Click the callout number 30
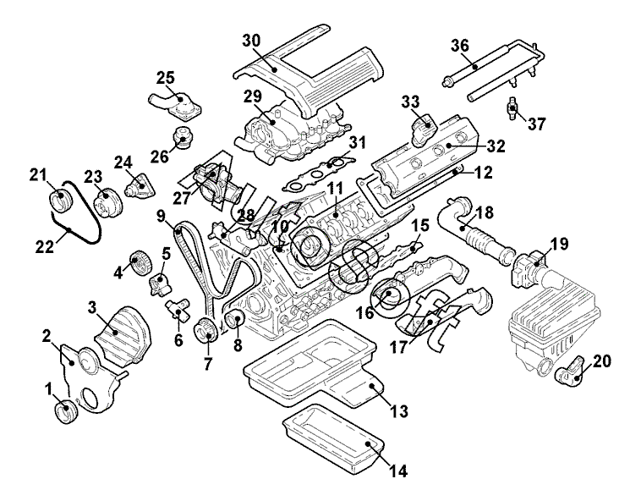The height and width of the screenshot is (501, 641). [251, 41]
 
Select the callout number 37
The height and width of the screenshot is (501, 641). [538, 124]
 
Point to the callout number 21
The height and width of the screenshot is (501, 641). [36, 175]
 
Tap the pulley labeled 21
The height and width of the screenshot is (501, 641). [60, 204]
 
